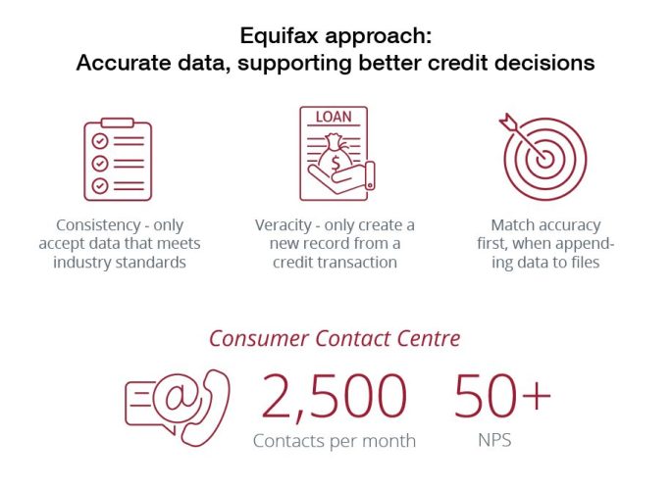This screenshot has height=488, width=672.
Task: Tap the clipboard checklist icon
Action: point(118,158)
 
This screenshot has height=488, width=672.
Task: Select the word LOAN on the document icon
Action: point(334,118)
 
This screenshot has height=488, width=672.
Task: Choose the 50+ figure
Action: point(502,394)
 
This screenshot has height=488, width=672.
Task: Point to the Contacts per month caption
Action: point(334,441)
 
